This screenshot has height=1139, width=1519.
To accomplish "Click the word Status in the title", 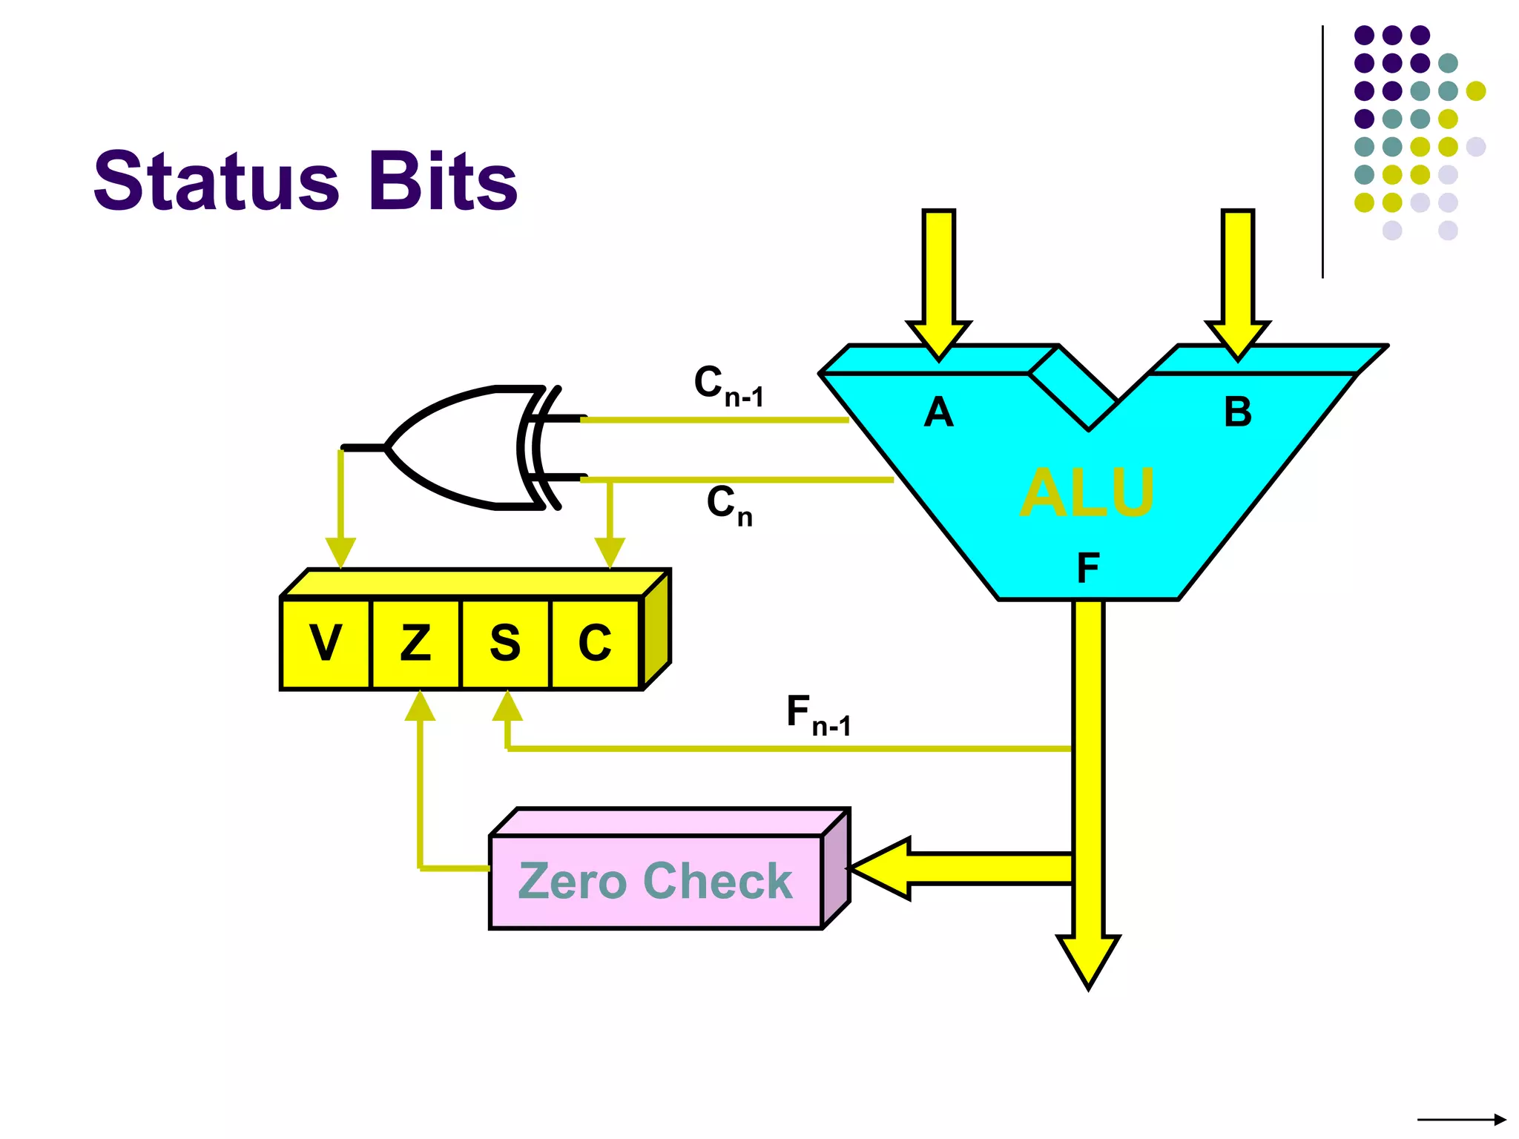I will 216,181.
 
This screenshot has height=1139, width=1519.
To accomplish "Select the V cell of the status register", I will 326,643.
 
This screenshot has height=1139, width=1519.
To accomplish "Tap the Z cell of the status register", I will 415,643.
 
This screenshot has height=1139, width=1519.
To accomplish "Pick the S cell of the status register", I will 505,643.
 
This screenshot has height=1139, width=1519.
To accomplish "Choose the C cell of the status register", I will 595,643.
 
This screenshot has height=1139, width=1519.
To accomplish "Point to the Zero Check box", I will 656,881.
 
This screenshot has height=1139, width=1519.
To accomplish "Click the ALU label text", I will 1087,492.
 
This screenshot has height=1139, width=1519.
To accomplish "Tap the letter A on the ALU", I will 938,412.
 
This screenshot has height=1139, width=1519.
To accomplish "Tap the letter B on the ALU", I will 1238,412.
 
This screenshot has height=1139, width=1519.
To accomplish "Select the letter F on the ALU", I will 1088,569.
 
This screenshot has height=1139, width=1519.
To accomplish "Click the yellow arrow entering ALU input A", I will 939,282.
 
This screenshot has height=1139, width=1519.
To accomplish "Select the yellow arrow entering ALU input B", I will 1238,282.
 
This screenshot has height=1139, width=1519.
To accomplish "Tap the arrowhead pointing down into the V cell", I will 340,552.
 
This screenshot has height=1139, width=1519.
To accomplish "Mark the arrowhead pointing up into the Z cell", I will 420,706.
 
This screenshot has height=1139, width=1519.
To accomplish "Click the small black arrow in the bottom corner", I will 1461,1120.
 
